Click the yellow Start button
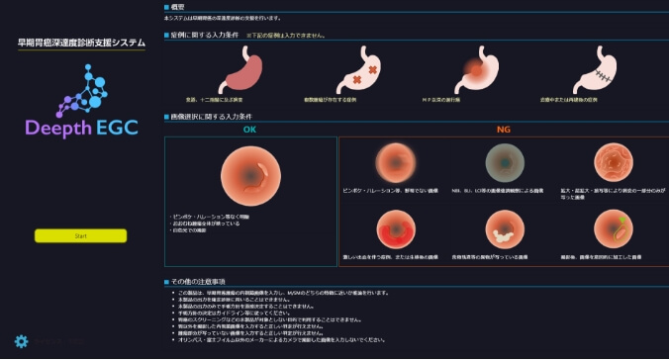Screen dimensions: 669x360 pos(80,235)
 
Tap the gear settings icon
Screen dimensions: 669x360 pos(21,342)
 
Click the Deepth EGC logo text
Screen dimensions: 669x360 pos(79,128)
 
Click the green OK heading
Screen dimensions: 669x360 pos(249,130)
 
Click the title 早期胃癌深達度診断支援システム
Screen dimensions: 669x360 pos(80,43)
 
